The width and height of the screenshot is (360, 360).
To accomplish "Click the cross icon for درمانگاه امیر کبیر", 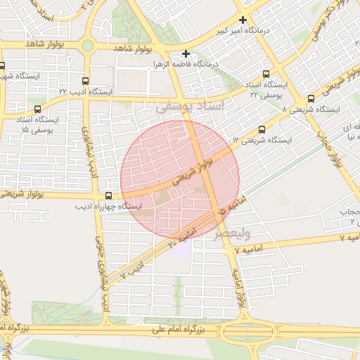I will click(243, 20).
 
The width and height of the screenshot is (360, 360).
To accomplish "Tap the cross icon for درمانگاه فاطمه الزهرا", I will click(186, 53).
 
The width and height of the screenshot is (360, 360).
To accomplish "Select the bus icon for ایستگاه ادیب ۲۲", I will click(86, 81).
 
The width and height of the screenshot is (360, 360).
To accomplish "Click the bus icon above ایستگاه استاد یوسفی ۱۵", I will click(37, 109).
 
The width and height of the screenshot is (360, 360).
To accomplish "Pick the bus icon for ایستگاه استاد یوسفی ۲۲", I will click(266, 74).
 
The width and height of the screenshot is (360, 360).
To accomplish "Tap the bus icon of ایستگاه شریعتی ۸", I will click(311, 99).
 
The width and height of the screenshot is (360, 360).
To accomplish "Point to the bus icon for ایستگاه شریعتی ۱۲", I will click(262, 129).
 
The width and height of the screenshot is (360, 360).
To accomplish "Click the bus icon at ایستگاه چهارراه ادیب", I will click(108, 195).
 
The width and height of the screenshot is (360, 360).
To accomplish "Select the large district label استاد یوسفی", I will click(191, 107).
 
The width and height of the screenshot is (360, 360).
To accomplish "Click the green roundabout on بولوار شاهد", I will click(87, 46).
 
